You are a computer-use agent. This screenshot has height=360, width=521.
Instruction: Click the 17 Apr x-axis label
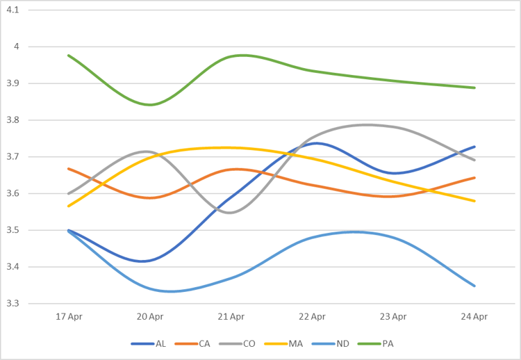(69, 317)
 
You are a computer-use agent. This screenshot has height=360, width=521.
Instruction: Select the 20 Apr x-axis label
(150, 317)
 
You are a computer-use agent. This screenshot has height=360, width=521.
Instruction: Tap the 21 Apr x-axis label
(231, 317)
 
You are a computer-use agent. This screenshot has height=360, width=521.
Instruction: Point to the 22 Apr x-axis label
(313, 317)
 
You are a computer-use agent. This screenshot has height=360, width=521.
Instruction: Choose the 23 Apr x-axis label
(393, 317)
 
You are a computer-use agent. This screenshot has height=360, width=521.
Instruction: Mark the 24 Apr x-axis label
(474, 317)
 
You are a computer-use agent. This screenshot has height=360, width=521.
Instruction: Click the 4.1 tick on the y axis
(13, 10)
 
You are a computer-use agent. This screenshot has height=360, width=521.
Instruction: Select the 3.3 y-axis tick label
(13, 304)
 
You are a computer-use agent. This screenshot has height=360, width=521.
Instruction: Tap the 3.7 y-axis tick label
(13, 157)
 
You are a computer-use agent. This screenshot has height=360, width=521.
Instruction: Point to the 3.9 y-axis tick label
(13, 83)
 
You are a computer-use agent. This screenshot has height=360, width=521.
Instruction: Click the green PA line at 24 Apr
(474, 88)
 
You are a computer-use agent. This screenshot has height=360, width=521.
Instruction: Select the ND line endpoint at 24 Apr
(474, 286)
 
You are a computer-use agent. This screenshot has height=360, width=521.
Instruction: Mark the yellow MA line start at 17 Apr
(69, 206)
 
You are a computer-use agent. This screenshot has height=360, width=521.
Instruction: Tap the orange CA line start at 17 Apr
(69, 168)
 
